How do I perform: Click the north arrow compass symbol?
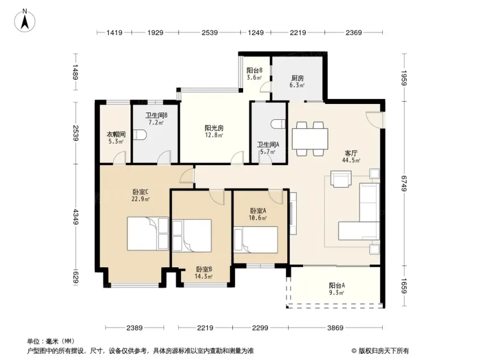click(x=25, y=20)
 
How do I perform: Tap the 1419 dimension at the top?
click(x=114, y=32)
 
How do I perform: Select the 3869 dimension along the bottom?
click(x=335, y=328)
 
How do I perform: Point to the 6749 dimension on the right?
click(x=404, y=183)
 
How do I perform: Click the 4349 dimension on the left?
click(x=76, y=216)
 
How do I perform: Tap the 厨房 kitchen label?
click(x=297, y=78)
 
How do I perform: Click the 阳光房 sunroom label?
click(x=214, y=128)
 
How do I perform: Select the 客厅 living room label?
click(x=351, y=153)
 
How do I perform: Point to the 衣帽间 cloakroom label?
click(x=116, y=134)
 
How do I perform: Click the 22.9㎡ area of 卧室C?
click(x=141, y=199)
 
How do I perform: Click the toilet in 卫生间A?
click(x=278, y=124)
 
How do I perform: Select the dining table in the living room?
click(x=310, y=139)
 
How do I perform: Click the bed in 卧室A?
click(x=256, y=240)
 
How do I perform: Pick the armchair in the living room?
click(x=341, y=179)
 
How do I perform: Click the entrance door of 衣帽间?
click(x=119, y=158)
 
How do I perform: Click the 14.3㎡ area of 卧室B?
click(x=204, y=277)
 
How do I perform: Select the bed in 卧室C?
click(x=148, y=234)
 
